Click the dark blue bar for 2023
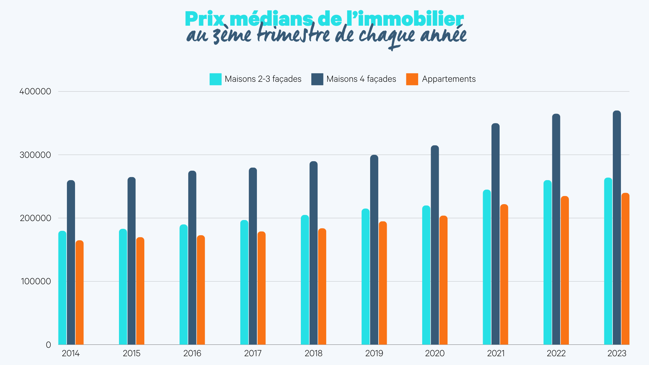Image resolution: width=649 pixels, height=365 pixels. pos(617,228)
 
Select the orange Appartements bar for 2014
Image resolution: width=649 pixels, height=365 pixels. pos(79,293)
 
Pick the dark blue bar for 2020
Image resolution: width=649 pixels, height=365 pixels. pos(435,245)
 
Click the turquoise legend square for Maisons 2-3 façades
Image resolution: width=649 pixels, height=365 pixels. pos(215,79)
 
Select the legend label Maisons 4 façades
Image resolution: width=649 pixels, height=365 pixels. pos(361,79)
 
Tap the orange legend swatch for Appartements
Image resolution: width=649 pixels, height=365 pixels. pos(412,79)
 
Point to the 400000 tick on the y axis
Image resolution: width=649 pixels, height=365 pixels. pos(35,92)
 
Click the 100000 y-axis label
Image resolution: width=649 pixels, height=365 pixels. pos(36,281)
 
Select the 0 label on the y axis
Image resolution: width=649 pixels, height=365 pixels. pos(48,345)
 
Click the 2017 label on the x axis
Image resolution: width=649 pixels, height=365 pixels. pos(253,354)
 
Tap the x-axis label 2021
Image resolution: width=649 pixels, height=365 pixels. pos(496,354)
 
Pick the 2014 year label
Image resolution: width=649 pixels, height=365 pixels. pos(71,354)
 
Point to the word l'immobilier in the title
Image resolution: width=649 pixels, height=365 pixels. pos(405,20)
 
